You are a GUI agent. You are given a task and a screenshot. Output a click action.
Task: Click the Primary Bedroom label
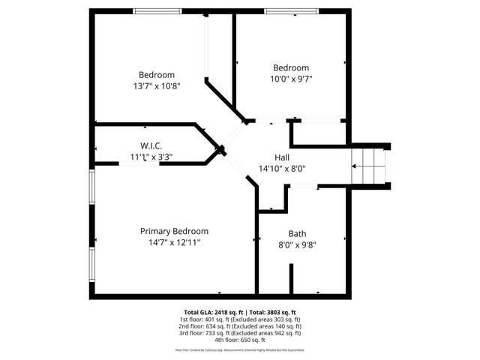click(174, 231)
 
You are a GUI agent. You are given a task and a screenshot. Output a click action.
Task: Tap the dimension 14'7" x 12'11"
click(174, 242)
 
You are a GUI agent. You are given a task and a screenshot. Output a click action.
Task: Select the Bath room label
click(297, 233)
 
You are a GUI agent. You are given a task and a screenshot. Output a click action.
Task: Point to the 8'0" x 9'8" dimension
click(297, 244)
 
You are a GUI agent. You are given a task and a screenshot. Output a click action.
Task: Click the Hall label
click(282, 157)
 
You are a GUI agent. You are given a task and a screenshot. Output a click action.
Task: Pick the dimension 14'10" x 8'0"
click(282, 169)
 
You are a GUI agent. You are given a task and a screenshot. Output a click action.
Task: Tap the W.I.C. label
click(151, 145)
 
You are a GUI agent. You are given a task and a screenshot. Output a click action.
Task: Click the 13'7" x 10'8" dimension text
click(157, 85)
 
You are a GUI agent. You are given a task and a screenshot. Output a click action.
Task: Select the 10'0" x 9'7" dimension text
click(291, 79)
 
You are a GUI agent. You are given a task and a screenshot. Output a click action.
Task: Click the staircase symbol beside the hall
click(368, 161)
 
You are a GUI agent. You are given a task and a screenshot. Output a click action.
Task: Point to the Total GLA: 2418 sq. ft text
click(210, 312)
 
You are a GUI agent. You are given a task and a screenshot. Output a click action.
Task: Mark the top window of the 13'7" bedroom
click(157, 10)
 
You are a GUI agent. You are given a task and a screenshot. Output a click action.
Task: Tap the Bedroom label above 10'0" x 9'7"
click(291, 67)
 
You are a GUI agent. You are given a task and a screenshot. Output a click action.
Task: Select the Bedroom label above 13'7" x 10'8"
click(157, 74)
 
